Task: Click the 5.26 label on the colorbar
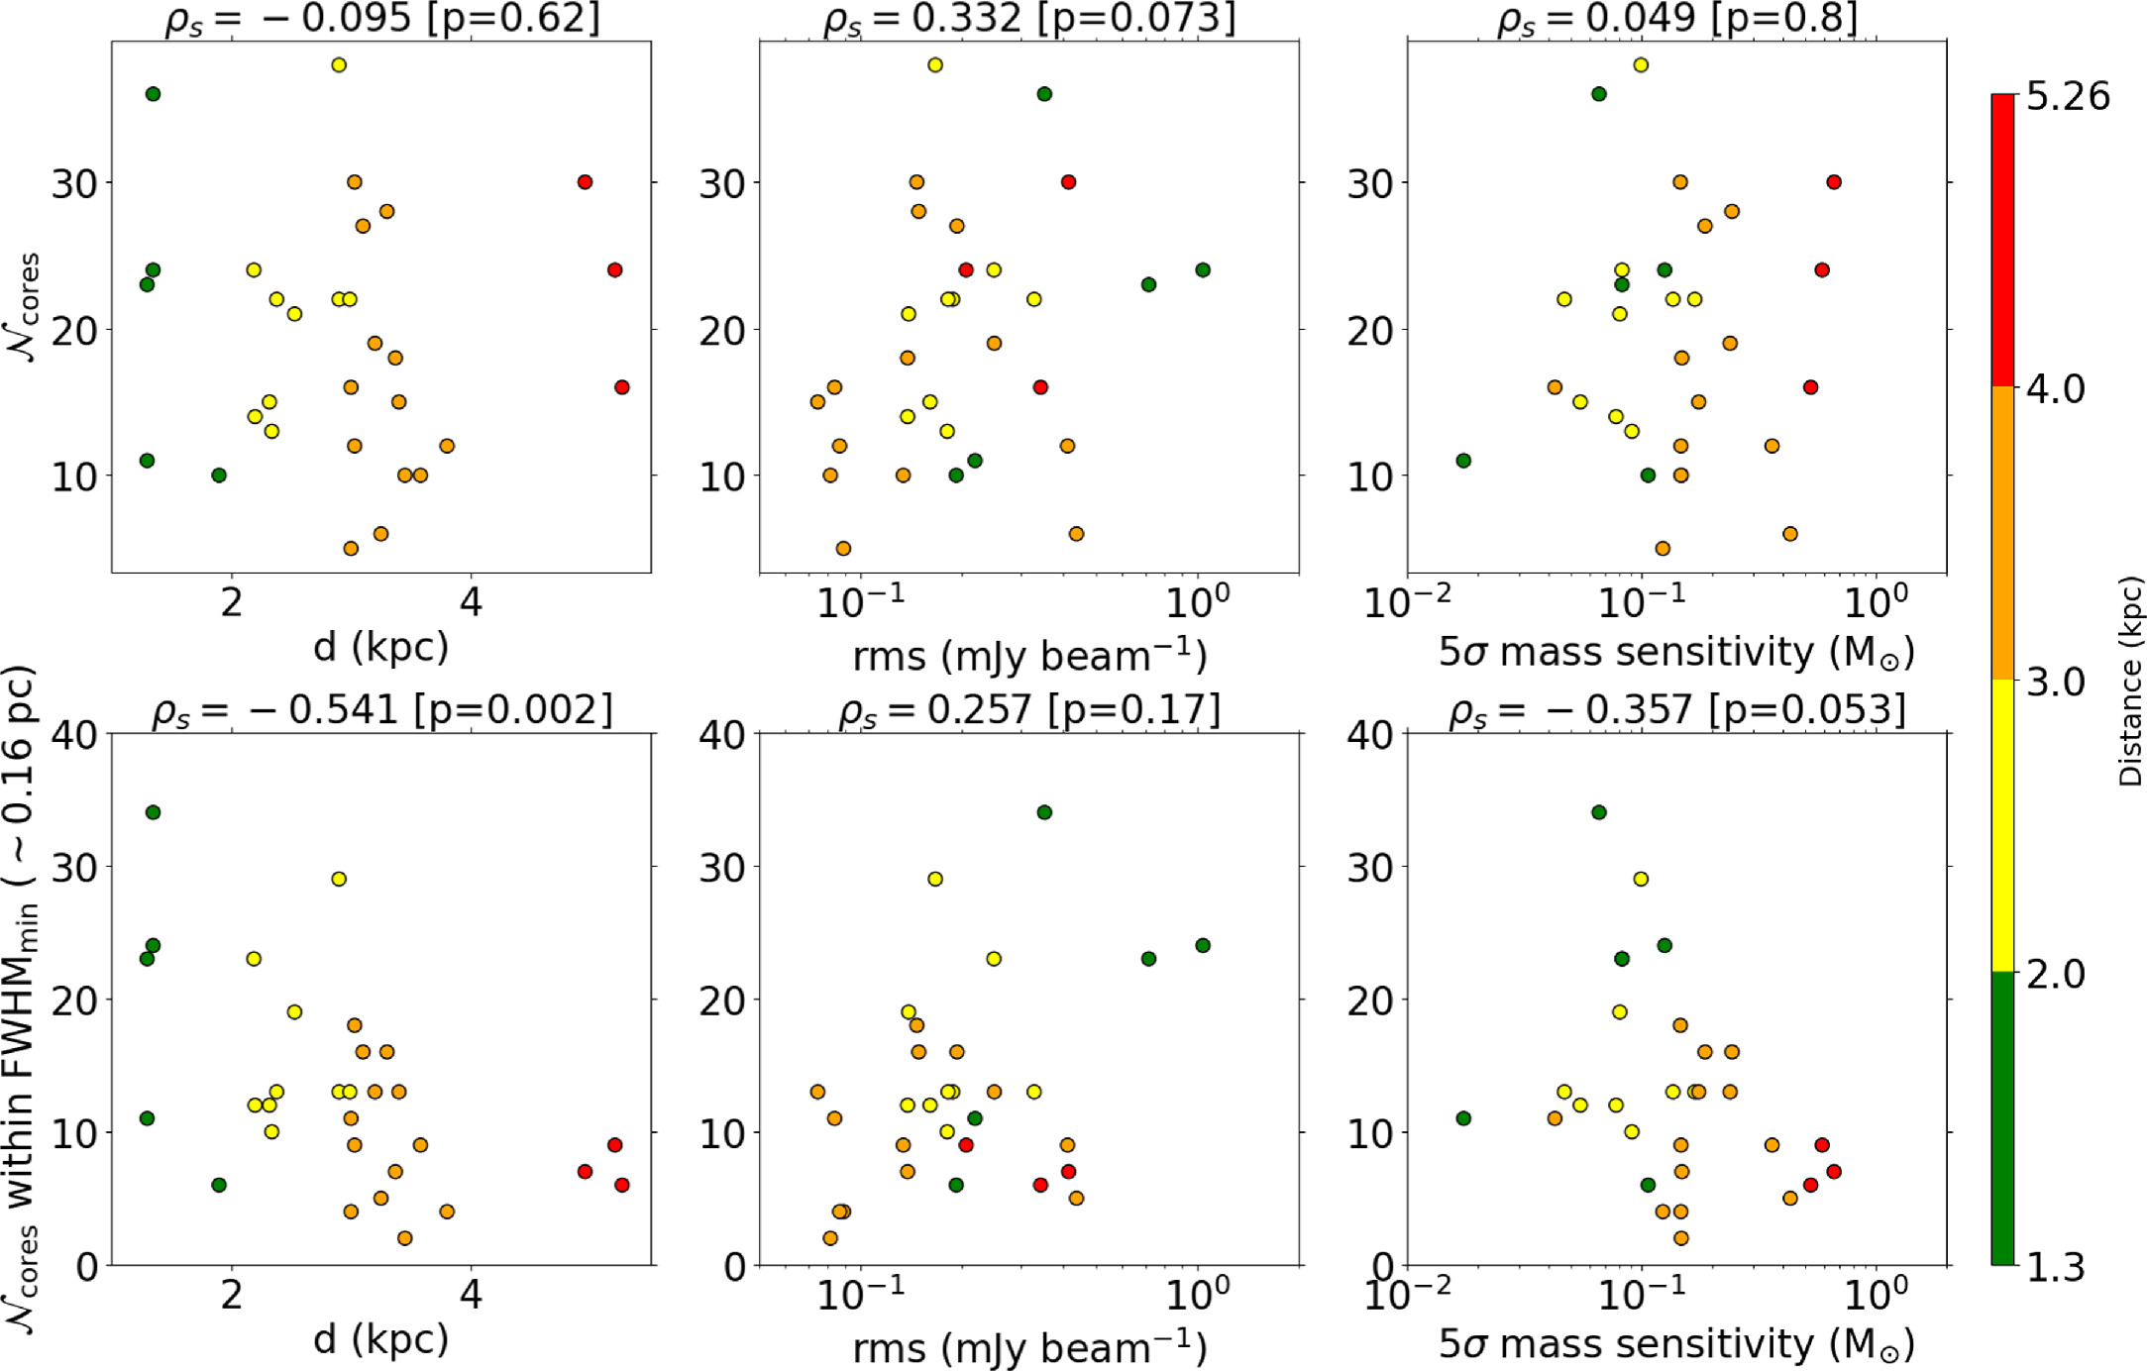click(2068, 96)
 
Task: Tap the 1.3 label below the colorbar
click(2055, 1267)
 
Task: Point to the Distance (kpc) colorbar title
click(2129, 683)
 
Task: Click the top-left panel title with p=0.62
click(382, 19)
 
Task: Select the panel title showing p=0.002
click(382, 710)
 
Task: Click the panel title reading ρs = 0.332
click(1029, 19)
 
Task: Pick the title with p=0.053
click(1676, 710)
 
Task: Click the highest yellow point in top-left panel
click(339, 65)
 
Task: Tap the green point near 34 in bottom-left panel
click(153, 812)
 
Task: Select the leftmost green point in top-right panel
click(1463, 461)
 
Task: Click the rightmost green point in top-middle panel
click(1203, 270)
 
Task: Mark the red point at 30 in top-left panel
click(585, 182)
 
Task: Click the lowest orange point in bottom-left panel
click(404, 1238)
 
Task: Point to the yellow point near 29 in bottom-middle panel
click(934, 879)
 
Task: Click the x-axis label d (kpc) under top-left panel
click(380, 647)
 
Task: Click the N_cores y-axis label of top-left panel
click(27, 307)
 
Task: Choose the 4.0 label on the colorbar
click(2055, 388)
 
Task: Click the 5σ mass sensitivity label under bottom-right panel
click(1676, 1344)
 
